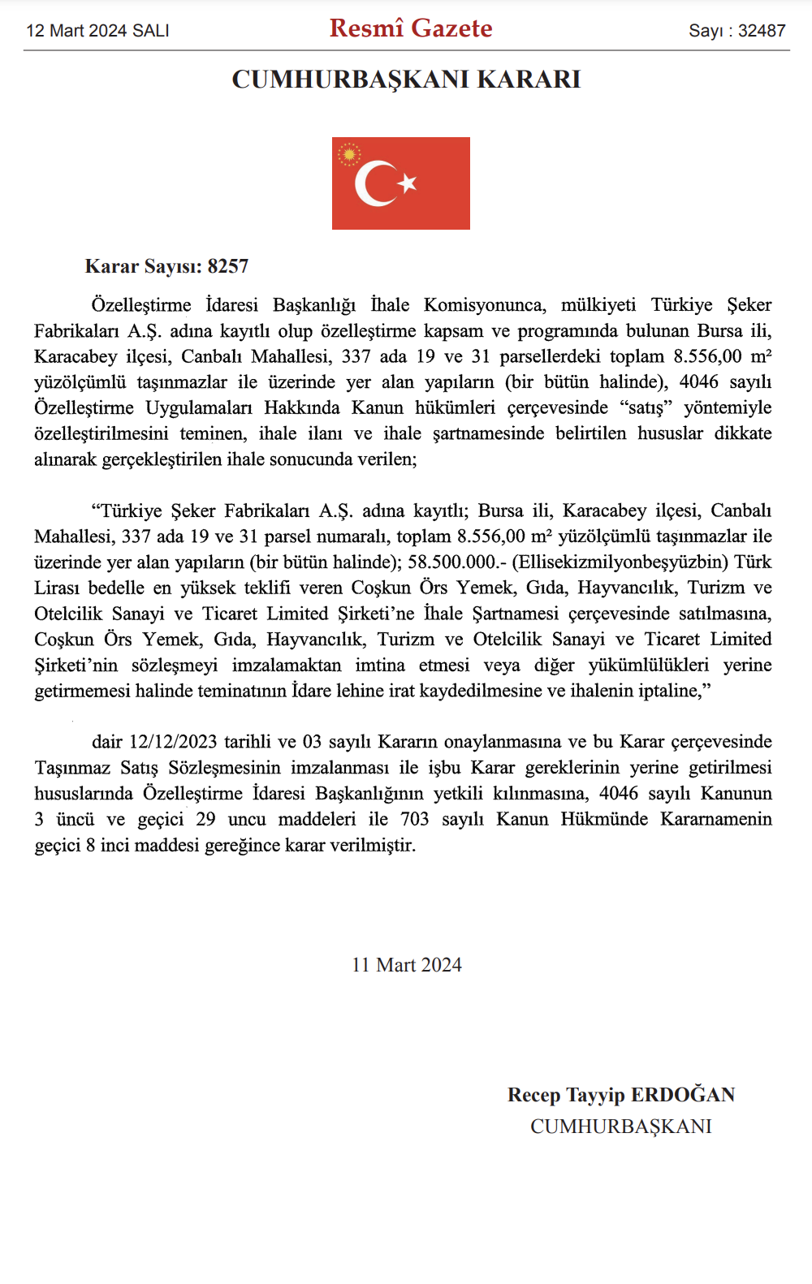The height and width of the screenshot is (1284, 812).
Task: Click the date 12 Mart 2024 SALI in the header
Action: pos(97,31)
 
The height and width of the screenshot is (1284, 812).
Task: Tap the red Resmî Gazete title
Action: pos(411,28)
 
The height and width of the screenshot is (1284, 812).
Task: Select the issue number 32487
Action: pos(762,31)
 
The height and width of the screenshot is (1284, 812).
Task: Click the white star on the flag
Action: pos(408,183)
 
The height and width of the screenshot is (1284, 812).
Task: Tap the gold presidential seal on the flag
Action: pos(349,154)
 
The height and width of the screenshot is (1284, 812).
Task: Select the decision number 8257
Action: pos(228,266)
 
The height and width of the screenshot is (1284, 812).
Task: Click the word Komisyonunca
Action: pos(485,305)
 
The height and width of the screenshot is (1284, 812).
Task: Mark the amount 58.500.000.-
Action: pos(457,562)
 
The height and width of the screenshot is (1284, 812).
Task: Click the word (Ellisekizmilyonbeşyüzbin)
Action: pos(620,562)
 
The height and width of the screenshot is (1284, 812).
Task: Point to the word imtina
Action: pos(380,666)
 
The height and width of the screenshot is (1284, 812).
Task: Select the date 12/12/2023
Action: pos(173,742)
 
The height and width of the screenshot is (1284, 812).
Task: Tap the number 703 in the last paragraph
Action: pos(414,819)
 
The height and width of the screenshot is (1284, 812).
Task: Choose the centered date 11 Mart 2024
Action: pos(407,965)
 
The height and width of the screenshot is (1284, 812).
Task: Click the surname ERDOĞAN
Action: pos(683,1095)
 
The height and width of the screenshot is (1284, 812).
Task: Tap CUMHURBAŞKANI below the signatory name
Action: pos(621,1127)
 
